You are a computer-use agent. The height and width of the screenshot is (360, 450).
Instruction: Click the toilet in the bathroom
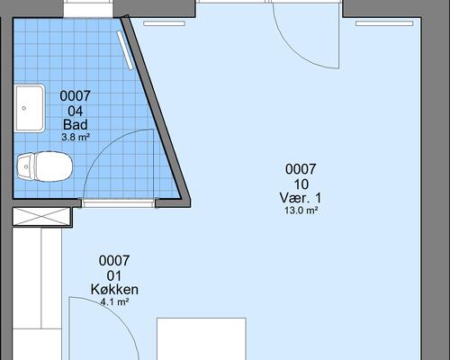(44, 166)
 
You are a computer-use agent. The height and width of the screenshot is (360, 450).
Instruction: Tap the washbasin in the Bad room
(30, 108)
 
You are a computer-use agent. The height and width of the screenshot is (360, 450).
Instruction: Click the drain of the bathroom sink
(24, 108)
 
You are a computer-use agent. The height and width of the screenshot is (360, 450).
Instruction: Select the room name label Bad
(76, 124)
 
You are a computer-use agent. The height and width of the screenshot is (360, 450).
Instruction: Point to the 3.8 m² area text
(76, 138)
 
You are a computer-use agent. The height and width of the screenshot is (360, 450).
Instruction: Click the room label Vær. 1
(301, 198)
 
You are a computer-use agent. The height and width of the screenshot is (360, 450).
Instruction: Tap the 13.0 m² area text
(301, 211)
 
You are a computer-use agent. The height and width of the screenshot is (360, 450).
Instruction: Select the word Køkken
(114, 290)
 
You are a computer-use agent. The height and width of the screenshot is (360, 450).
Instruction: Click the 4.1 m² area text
(114, 301)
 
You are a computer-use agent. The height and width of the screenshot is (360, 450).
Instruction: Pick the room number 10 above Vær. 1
(301, 184)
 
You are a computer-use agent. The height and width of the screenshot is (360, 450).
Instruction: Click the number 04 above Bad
(76, 111)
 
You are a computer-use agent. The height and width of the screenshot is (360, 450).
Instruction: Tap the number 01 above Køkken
(114, 275)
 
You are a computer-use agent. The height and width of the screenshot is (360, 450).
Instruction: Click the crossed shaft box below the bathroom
(41, 216)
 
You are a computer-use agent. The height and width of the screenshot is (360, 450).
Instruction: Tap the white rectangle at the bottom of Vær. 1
(202, 339)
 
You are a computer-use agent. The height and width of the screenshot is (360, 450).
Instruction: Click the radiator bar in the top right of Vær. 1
(384, 23)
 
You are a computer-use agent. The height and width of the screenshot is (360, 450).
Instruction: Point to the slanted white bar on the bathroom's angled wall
(125, 50)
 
